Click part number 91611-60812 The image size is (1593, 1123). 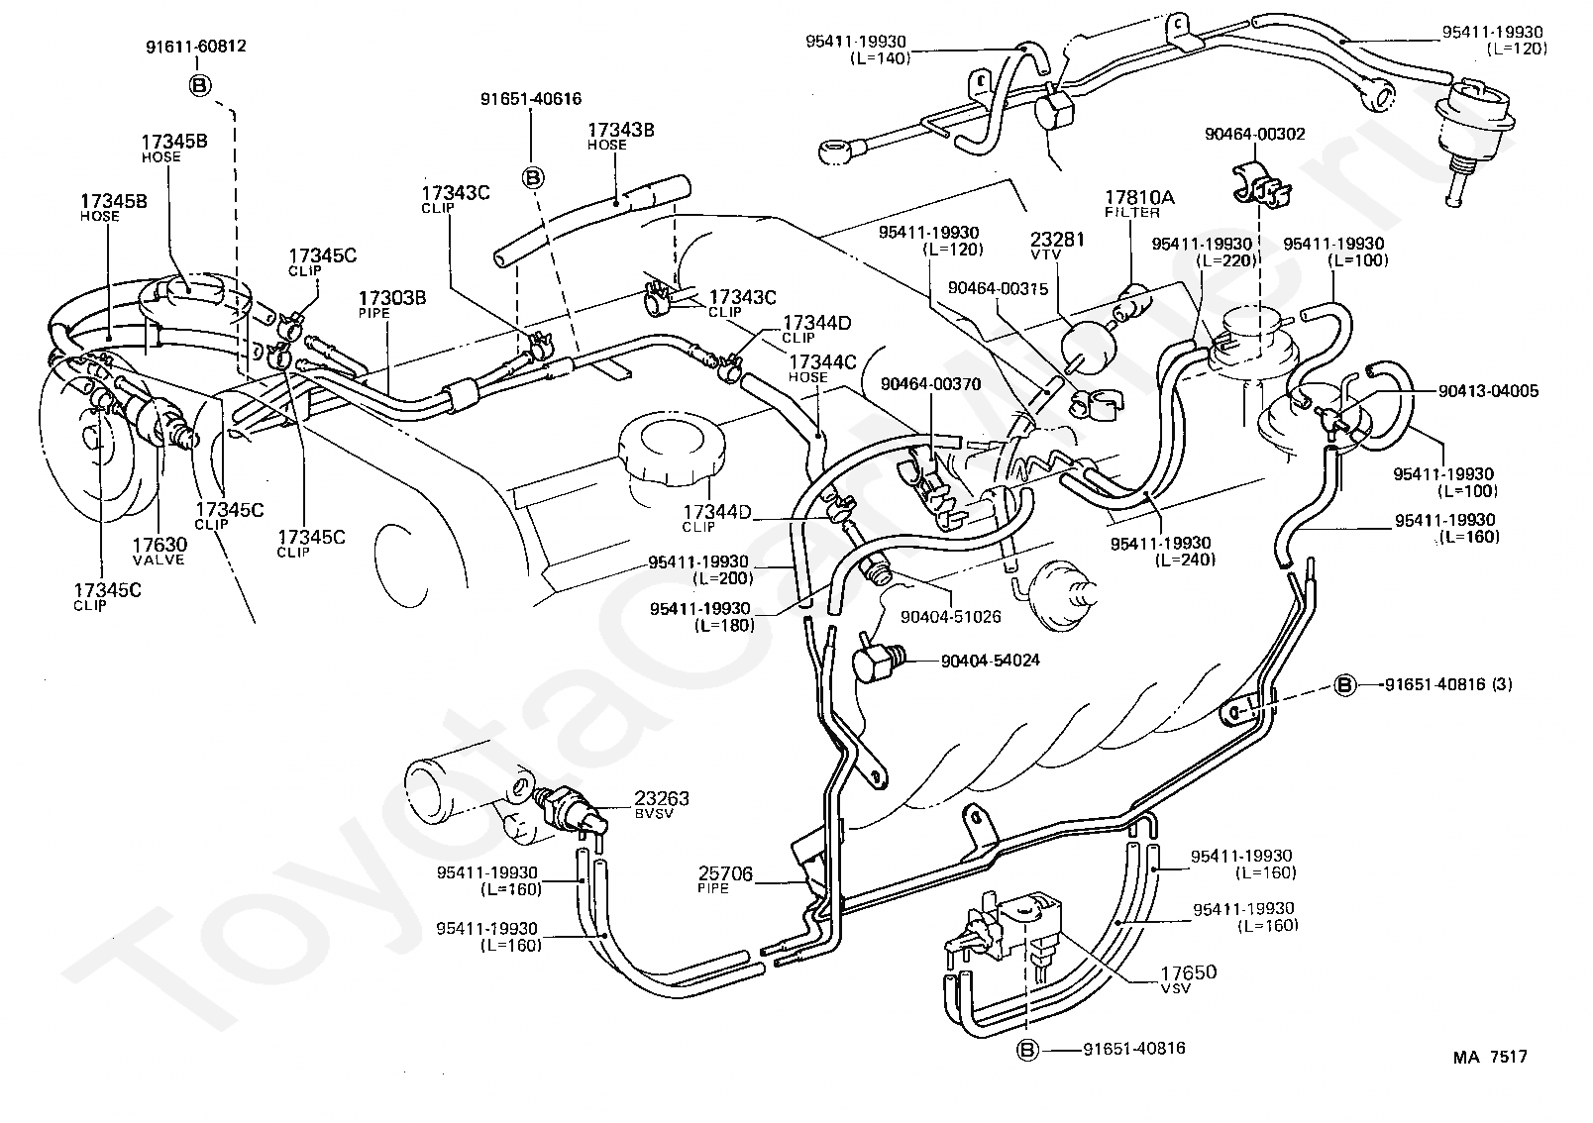pos(196,47)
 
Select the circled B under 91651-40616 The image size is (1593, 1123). pos(533,177)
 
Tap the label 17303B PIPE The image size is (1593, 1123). pos(392,303)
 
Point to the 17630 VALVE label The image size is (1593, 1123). pos(159,551)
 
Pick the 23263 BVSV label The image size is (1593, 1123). pos(662,804)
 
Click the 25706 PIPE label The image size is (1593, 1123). pos(724,879)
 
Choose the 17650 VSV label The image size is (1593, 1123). pos(1189,978)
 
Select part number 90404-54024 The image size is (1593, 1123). pos(990,661)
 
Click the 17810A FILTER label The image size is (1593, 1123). pos(1139,203)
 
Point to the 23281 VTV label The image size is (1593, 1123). pos(1057,246)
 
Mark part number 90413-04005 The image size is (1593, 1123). pos(1488,391)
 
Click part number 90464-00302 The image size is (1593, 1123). pos(1254,134)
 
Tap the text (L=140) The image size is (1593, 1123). pos(881,58)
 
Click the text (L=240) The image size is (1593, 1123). pos(1186,561)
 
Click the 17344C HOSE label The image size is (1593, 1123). pos(823,368)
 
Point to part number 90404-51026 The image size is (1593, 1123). pos(951,616)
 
